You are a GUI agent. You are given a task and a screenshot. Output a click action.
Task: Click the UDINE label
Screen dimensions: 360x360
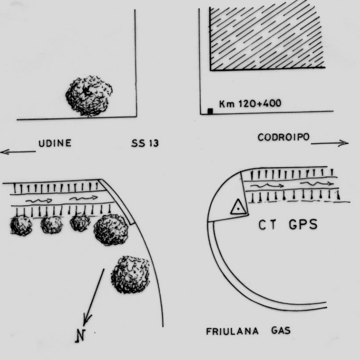(x=55, y=143)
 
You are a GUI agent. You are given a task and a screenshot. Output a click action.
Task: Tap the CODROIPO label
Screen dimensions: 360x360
(x=284, y=137)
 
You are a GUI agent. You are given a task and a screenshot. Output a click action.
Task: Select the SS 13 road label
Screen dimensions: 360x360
(x=145, y=144)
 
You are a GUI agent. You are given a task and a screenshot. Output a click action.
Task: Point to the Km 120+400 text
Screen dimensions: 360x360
(x=250, y=103)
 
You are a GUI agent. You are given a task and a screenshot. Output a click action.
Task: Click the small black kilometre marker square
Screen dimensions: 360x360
(x=210, y=111)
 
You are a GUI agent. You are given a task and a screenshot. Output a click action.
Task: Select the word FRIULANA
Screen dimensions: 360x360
(x=232, y=332)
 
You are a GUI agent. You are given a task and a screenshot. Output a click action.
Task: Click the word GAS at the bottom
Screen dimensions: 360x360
(x=281, y=331)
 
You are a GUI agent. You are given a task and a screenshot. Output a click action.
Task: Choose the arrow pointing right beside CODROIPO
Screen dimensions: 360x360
(x=330, y=143)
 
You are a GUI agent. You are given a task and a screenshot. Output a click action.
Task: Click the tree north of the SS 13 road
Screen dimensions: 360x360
(x=89, y=96)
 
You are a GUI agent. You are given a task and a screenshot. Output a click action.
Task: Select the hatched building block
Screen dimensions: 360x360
(x=267, y=35)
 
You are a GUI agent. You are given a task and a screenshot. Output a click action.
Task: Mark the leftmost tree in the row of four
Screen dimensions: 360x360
(x=21, y=226)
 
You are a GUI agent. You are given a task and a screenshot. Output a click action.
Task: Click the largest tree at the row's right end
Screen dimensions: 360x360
(x=111, y=229)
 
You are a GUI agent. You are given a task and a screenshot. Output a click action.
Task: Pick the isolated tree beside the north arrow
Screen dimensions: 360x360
(x=130, y=275)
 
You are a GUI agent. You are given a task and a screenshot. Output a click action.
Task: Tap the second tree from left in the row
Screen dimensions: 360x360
(x=51, y=224)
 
